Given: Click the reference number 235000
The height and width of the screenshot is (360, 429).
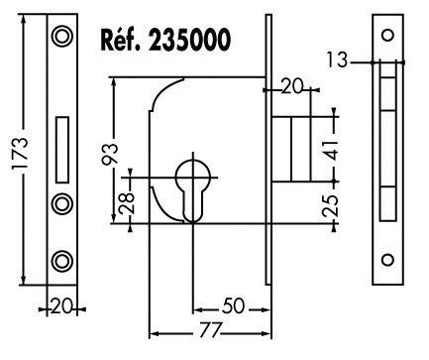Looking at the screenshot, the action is [189, 40].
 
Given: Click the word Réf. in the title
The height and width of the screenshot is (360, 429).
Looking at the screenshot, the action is [119, 40].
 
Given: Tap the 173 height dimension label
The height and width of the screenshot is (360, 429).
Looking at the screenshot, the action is [20, 153].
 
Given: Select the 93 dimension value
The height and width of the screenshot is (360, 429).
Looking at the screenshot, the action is [110, 155].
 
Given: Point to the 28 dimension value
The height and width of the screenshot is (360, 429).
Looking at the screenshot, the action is [127, 203].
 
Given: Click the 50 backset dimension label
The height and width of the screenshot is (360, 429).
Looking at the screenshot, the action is [234, 305].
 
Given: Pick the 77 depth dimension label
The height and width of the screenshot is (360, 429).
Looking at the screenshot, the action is [210, 329].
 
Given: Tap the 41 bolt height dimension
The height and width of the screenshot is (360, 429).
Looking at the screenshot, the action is [330, 150].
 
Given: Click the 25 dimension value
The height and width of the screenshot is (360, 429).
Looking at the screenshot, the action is [330, 205].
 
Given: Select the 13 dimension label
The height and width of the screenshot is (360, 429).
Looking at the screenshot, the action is [337, 60].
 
